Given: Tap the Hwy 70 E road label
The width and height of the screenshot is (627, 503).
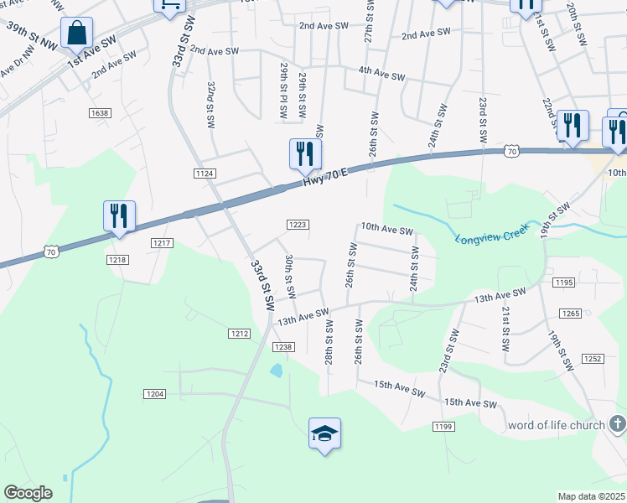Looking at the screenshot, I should point(324,174).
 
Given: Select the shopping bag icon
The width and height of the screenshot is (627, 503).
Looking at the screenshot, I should point(77,34).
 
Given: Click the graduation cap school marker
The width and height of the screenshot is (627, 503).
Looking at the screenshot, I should point(324,433).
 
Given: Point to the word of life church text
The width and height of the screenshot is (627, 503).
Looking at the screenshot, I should point(556,426).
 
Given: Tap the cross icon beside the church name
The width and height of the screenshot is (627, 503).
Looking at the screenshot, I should point(618,425).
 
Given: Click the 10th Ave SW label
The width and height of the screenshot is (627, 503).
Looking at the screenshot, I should point(386,229).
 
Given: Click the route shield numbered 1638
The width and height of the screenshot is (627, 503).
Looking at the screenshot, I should point(99,112).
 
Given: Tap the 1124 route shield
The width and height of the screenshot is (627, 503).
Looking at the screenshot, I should point(205,173).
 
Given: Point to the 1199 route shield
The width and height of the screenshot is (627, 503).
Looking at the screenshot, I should point(444,428).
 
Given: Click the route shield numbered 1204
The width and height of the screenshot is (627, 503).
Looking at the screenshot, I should point(155,393).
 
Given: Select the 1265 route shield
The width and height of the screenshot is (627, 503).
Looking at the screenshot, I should point(570,313).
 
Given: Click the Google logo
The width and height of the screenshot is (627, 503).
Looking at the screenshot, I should point(28,493).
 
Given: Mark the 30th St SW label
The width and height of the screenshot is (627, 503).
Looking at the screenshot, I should point(290,277).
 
